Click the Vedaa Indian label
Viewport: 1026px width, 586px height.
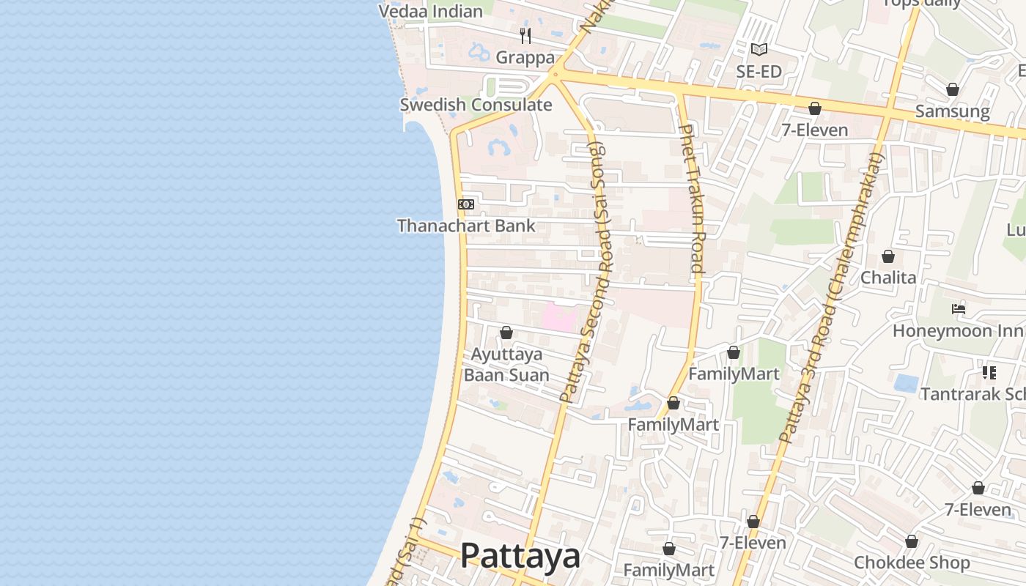[430, 11]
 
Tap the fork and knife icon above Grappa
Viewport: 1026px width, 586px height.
[525, 35]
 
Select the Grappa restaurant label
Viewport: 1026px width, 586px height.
[525, 57]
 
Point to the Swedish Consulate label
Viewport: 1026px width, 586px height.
[476, 105]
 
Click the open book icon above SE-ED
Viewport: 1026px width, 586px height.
[759, 50]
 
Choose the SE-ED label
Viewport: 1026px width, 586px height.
[759, 72]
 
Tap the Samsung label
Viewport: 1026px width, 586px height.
[952, 112]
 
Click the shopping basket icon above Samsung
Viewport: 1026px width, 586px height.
[952, 90]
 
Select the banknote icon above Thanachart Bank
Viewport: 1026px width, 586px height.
[466, 204]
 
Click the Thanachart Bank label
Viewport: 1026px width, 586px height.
[466, 226]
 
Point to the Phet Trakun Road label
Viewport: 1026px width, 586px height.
[691, 198]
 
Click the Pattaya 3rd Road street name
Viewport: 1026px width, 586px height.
[832, 300]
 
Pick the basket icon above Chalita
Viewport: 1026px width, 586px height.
[888, 256]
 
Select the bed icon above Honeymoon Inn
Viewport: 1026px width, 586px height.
[958, 309]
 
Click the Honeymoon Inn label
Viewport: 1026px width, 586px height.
[958, 331]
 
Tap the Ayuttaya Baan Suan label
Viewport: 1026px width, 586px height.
[506, 365]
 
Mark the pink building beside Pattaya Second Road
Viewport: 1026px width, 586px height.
[559, 318]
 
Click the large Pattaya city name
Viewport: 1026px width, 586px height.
[520, 556]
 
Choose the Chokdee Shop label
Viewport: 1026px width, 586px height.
[912, 563]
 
